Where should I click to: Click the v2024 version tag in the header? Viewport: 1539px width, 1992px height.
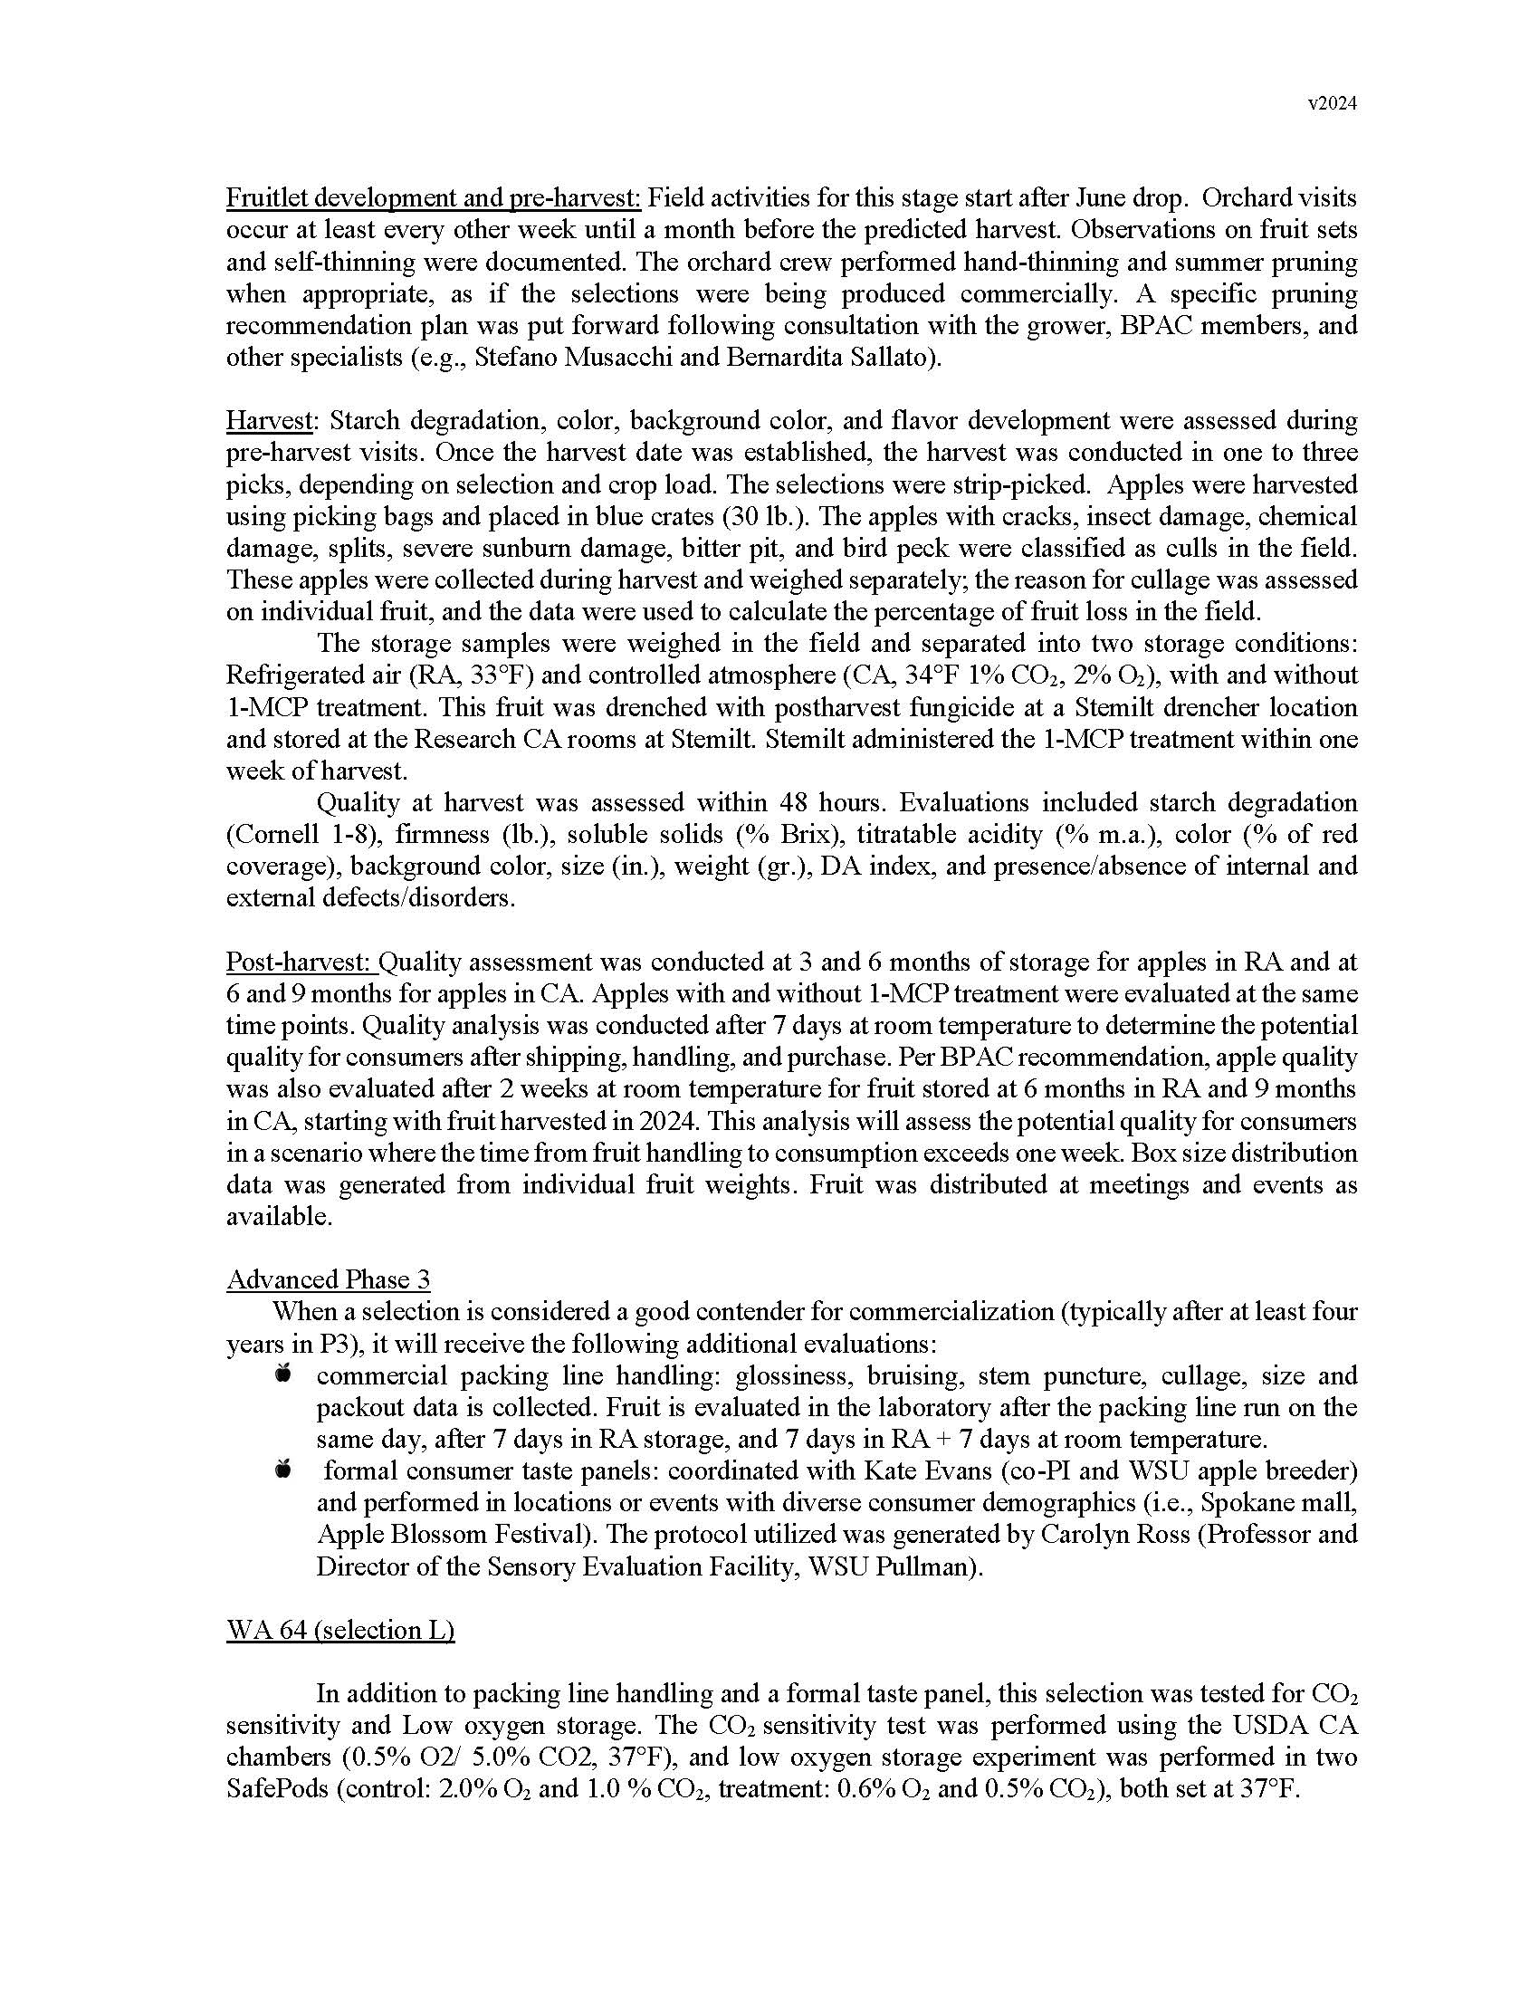point(1332,104)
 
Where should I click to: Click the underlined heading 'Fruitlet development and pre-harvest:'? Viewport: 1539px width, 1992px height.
point(434,198)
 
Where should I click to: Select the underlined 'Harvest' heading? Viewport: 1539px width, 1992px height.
point(270,420)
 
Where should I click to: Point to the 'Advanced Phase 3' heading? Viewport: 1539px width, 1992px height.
point(329,1279)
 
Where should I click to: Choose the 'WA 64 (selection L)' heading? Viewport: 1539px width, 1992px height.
point(340,1630)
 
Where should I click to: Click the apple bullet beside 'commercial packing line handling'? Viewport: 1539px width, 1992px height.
point(283,1374)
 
